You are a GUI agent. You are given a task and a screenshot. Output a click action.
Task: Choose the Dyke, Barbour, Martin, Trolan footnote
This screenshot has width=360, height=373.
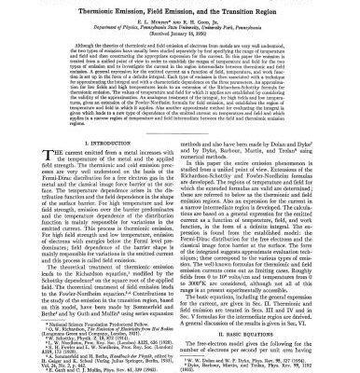[261, 363]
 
